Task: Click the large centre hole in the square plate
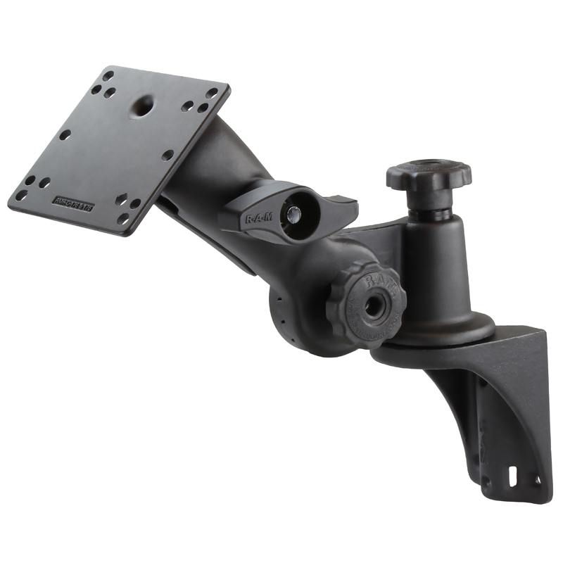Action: coord(143,107)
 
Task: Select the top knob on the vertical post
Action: coord(429,175)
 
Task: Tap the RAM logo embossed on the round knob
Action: coord(374,283)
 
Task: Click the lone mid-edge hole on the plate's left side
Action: coord(65,134)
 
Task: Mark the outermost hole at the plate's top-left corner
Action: coord(108,74)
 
